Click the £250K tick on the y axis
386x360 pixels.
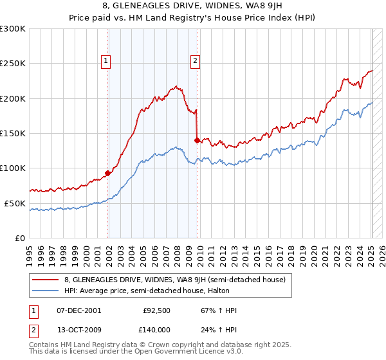pyautogui.click(x=13, y=64)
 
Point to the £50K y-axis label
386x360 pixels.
pyautogui.click(x=15, y=203)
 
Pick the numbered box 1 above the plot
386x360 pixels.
pyautogui.click(x=106, y=62)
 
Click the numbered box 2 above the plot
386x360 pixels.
pyautogui.click(x=195, y=62)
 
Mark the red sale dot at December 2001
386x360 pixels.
pyautogui.click(x=108, y=173)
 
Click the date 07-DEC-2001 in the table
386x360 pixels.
pyautogui.click(x=79, y=310)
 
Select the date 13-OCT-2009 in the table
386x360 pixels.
pyautogui.click(x=79, y=331)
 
